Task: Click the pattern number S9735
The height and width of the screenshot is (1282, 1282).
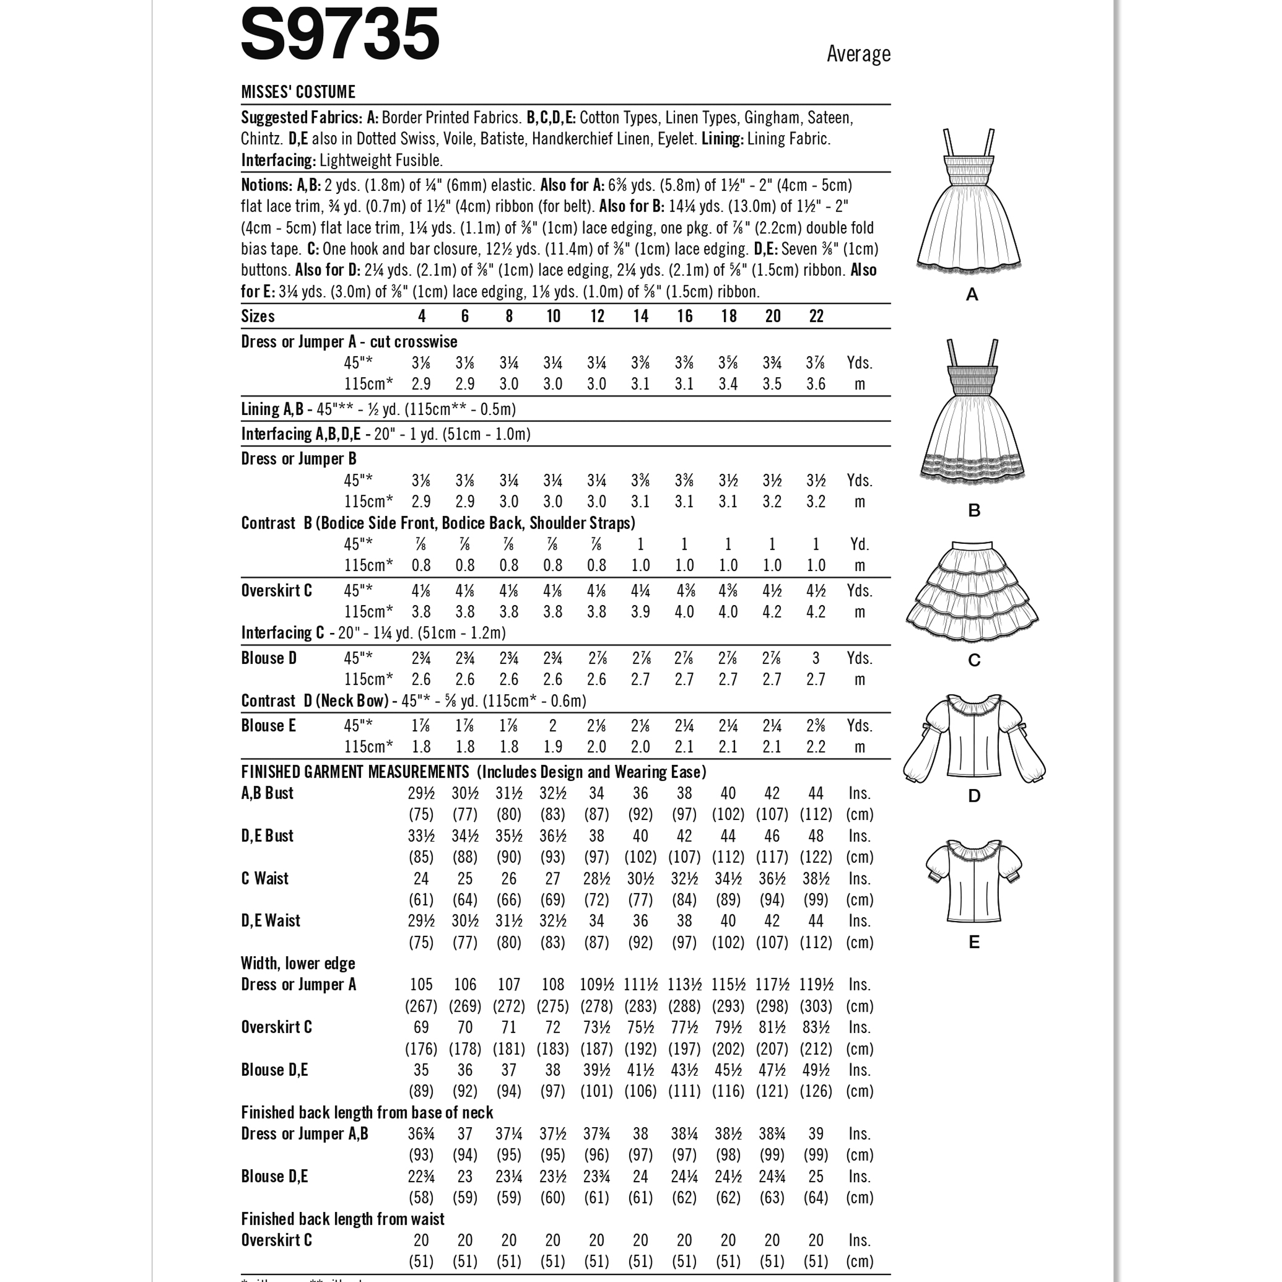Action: (340, 35)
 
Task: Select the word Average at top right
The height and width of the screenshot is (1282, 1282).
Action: (858, 54)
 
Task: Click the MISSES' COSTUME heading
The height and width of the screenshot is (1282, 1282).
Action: (298, 91)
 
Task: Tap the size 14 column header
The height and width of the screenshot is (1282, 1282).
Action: (640, 317)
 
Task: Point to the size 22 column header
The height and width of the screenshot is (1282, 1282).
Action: (816, 317)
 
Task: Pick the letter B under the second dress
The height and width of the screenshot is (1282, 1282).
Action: (973, 510)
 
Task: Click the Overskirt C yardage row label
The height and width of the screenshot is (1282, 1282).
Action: (276, 591)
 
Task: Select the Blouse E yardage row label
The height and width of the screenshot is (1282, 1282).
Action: (268, 725)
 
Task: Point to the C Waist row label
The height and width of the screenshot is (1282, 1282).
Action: (265, 879)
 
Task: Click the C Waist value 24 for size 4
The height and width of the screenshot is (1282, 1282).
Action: (421, 879)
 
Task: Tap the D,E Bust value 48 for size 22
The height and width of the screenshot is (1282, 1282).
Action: (816, 836)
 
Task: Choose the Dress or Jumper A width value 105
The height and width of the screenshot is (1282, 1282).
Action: (421, 984)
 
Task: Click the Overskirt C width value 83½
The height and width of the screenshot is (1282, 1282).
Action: (816, 1027)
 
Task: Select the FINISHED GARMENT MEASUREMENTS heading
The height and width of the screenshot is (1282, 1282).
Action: (355, 772)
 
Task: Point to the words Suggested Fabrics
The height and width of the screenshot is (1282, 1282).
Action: (302, 118)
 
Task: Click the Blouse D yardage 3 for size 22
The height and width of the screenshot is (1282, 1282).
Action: (816, 658)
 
